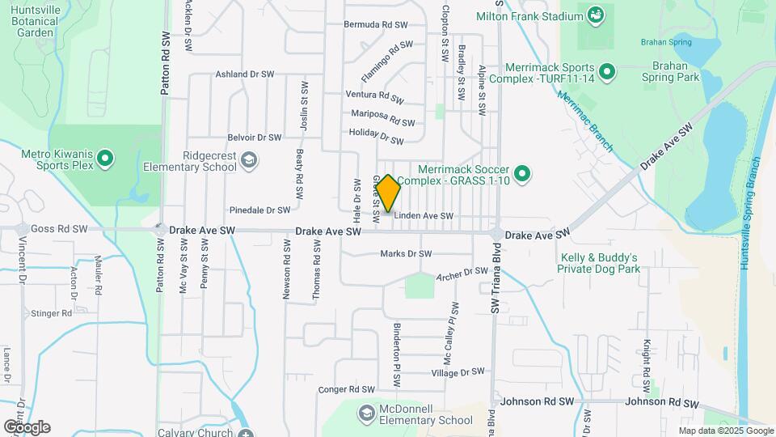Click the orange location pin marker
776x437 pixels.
coord(388,193)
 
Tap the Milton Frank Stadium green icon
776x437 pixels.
coord(596,15)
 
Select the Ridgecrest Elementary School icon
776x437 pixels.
coord(249,160)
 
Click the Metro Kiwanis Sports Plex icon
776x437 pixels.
coord(105,159)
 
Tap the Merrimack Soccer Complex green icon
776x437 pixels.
coord(522,173)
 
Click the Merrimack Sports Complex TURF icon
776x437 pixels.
coord(606,74)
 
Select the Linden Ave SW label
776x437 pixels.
coord(423,216)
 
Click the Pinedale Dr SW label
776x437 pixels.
coord(259,210)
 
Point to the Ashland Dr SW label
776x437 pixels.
coord(244,74)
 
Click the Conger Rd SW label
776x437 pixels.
coord(348,389)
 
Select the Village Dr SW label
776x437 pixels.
coord(458,372)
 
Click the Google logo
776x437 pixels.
coord(27,426)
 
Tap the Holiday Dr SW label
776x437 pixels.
coord(376,136)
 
